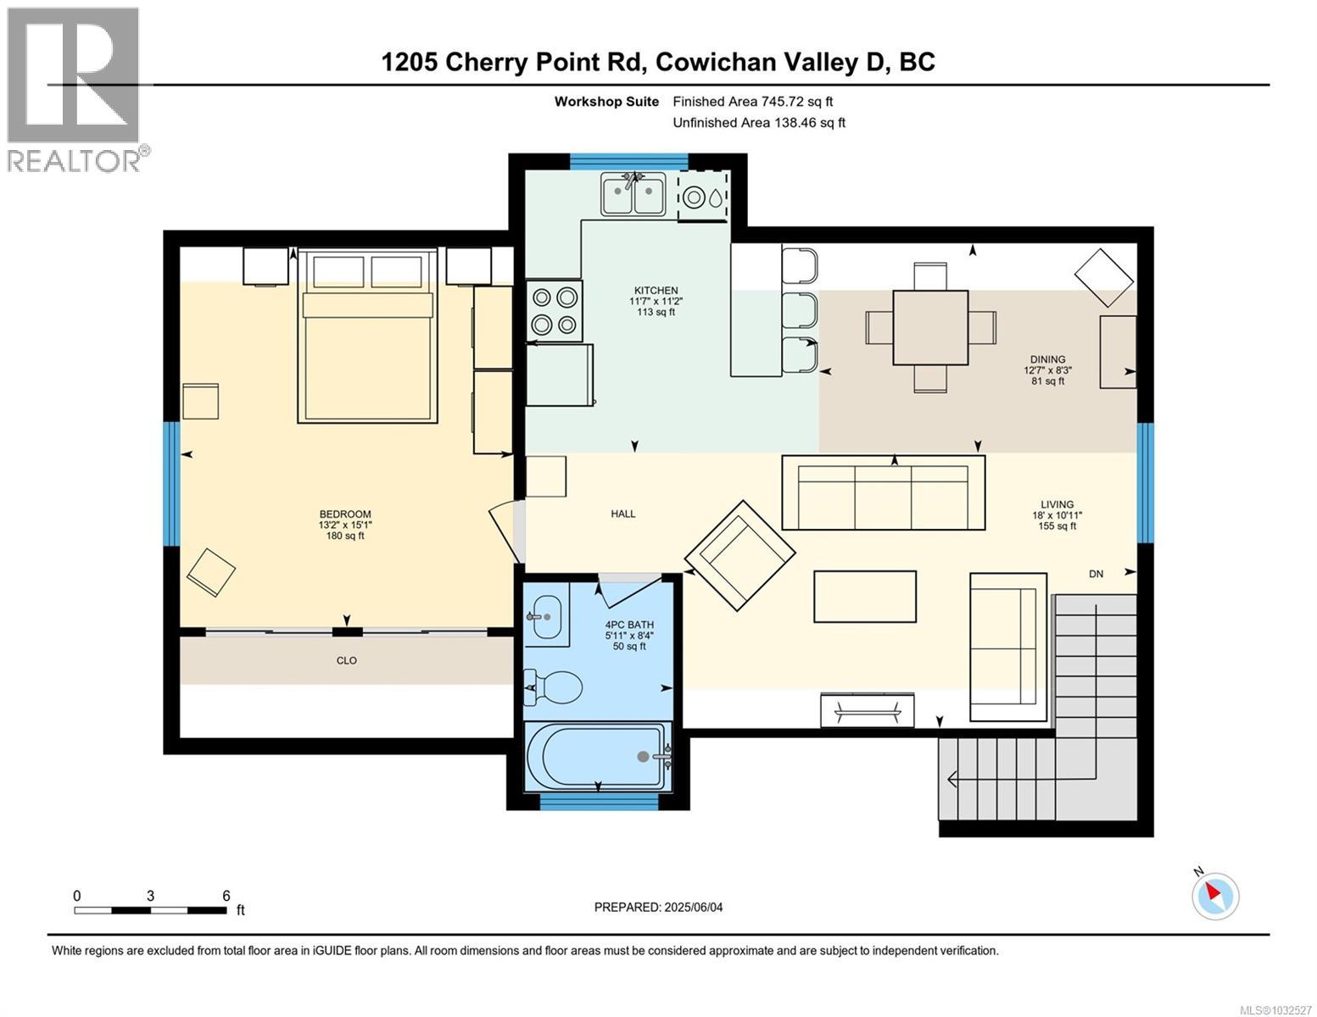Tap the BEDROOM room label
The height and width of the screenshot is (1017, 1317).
click(345, 514)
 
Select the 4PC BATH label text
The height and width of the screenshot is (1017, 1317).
click(628, 625)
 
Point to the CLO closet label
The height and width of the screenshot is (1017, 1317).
click(347, 660)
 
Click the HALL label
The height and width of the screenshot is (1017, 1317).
click(623, 514)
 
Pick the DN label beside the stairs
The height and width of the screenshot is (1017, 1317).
click(1096, 574)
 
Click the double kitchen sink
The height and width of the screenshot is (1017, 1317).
click(633, 195)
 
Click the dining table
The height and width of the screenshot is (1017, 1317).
click(930, 327)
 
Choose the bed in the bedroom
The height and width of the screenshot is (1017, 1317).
click(366, 336)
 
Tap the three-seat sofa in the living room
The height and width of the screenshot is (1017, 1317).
click(883, 494)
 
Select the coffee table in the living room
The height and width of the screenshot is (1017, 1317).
click(864, 597)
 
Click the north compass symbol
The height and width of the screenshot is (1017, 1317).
click(1215, 895)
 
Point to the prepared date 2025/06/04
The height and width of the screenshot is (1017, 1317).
click(658, 907)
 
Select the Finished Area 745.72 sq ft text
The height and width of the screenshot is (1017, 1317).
click(758, 102)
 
